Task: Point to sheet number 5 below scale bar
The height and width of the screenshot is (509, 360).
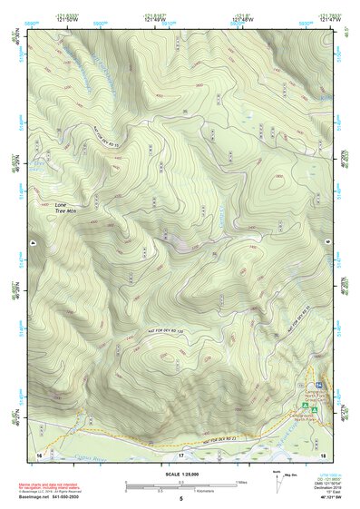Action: point(180,499)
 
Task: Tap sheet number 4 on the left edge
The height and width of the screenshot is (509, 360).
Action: point(30,243)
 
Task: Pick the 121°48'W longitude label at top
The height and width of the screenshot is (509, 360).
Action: point(238,19)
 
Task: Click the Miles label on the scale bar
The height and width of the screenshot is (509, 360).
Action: point(242,481)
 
